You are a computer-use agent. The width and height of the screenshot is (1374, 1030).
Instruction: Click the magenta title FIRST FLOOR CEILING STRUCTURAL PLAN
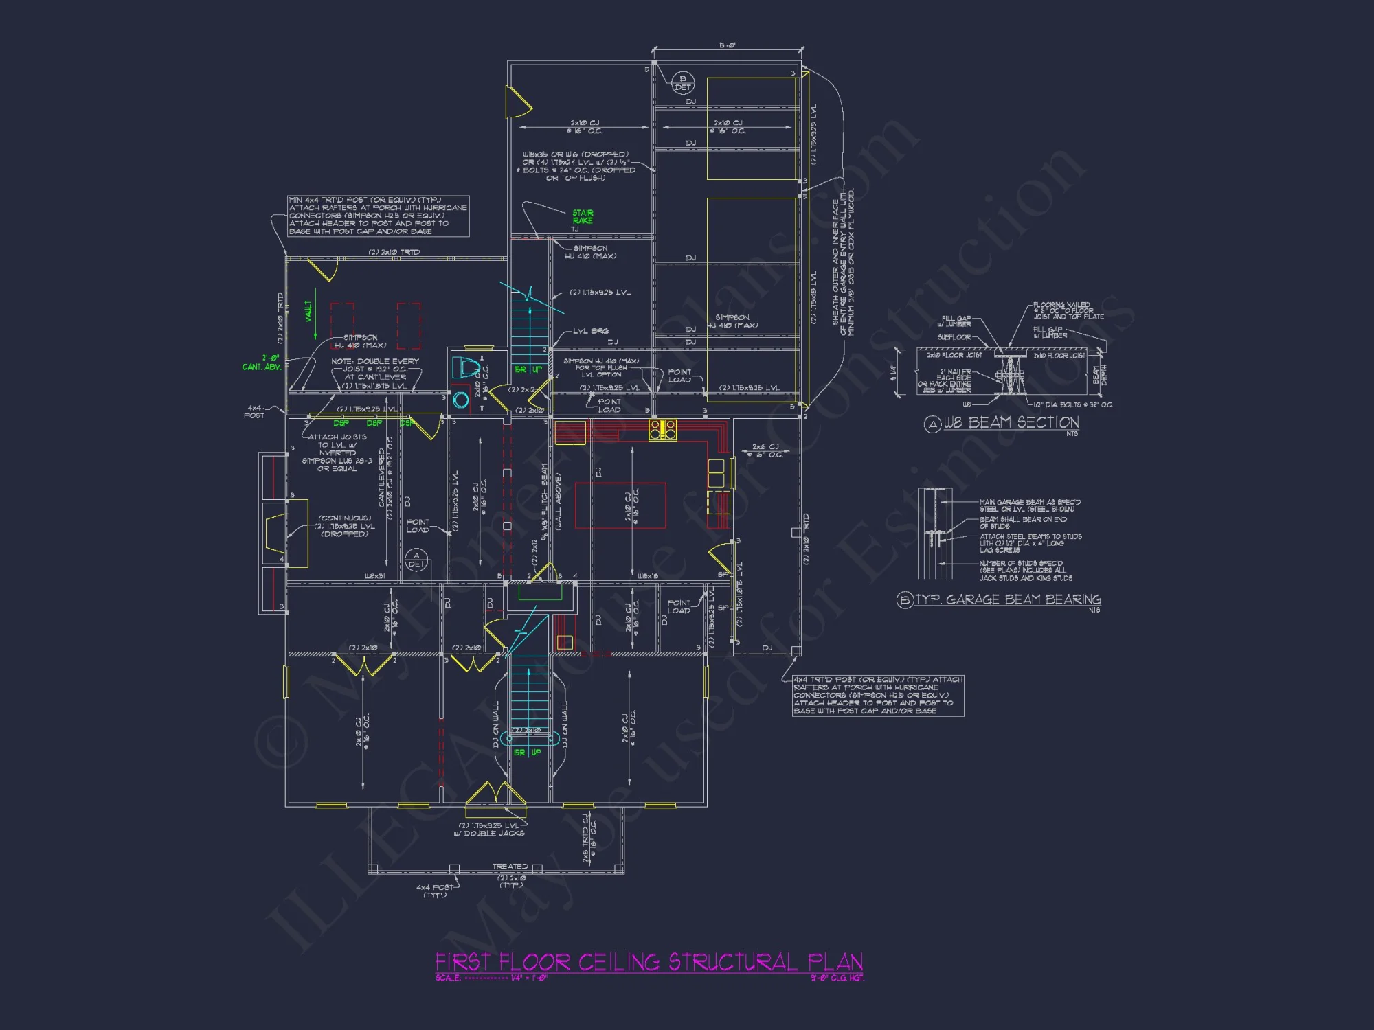click(649, 961)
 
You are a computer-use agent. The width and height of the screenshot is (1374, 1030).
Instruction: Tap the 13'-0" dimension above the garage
click(728, 45)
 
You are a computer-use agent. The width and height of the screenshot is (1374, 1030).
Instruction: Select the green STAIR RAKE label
click(583, 217)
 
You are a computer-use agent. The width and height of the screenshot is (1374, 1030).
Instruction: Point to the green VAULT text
click(308, 310)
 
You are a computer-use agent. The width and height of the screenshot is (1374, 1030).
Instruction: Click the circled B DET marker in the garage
click(682, 83)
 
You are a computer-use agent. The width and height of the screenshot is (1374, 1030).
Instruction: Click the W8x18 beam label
click(648, 576)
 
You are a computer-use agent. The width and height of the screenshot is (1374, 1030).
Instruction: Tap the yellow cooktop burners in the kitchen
click(663, 430)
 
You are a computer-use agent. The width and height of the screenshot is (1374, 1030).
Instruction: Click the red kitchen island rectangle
click(620, 505)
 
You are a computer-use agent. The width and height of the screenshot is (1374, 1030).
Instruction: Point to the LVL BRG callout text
click(591, 331)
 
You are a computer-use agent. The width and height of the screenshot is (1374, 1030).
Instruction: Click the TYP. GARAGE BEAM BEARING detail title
click(1007, 599)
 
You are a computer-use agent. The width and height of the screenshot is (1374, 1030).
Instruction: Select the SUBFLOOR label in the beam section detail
click(954, 337)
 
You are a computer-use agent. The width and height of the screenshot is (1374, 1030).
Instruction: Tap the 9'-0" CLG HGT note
click(836, 978)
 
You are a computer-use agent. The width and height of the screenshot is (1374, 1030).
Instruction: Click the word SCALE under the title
click(448, 978)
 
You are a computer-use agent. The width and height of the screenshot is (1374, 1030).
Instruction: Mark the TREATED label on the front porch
click(510, 867)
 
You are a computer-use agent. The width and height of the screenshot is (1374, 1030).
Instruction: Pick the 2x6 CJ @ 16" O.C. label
click(765, 450)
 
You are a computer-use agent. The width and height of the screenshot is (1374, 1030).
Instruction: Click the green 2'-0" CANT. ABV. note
click(262, 363)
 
